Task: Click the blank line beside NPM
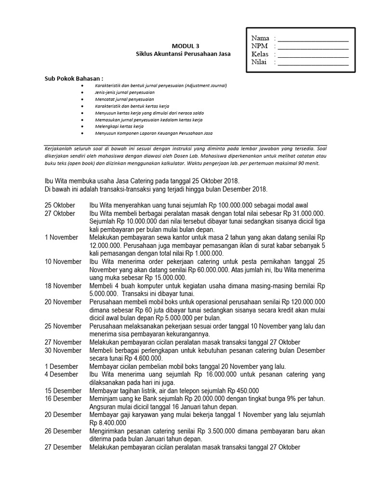pyautogui.click(x=313, y=47)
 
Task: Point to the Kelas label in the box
pyautogui.click(x=260, y=54)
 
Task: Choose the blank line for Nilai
pyautogui.click(x=313, y=63)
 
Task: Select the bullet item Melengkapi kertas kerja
pyautogui.click(x=122, y=126)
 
